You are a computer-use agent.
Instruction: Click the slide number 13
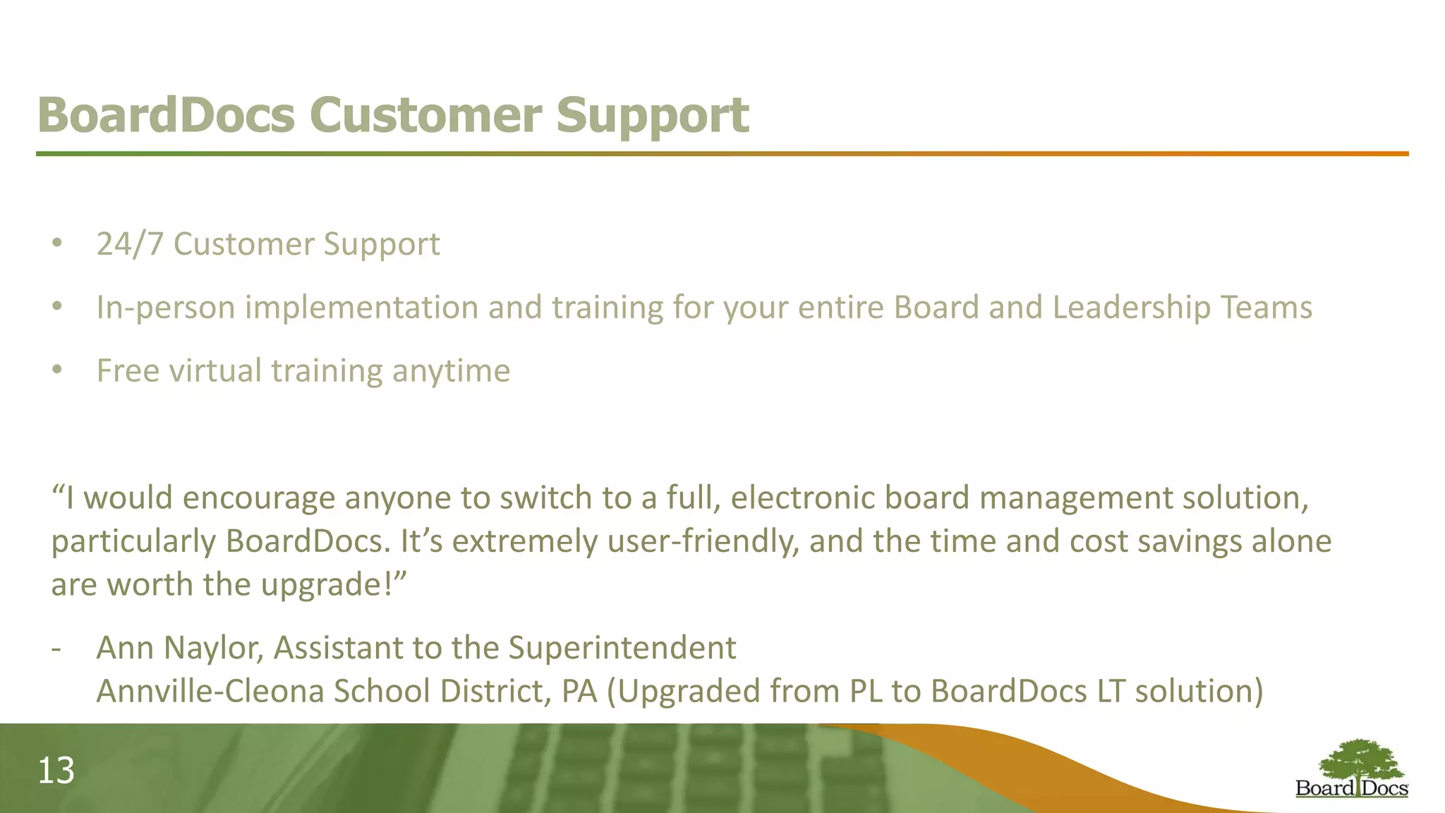pyautogui.click(x=56, y=771)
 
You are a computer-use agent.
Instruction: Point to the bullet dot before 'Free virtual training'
pyautogui.click(x=57, y=370)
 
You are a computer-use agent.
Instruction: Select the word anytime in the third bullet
pyautogui.click(x=451, y=371)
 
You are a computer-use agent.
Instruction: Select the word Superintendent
pyautogui.click(x=622, y=648)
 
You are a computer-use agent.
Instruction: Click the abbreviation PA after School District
pyautogui.click(x=579, y=691)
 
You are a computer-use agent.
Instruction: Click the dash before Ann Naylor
pyautogui.click(x=56, y=649)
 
